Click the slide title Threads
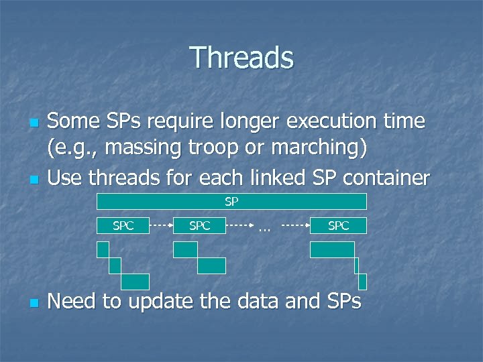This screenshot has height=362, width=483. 241,58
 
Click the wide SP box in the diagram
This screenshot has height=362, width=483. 231,201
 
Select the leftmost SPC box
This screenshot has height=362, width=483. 123,226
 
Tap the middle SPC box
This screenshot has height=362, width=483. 199,226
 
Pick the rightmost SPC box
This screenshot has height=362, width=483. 338,226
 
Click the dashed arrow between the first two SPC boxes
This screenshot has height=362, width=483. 161,226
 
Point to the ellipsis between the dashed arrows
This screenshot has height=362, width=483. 264,228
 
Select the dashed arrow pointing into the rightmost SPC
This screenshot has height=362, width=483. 295,226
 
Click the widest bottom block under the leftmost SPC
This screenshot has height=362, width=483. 135,282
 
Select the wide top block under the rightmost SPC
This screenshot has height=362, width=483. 331,249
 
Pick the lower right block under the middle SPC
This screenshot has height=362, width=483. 211,265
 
